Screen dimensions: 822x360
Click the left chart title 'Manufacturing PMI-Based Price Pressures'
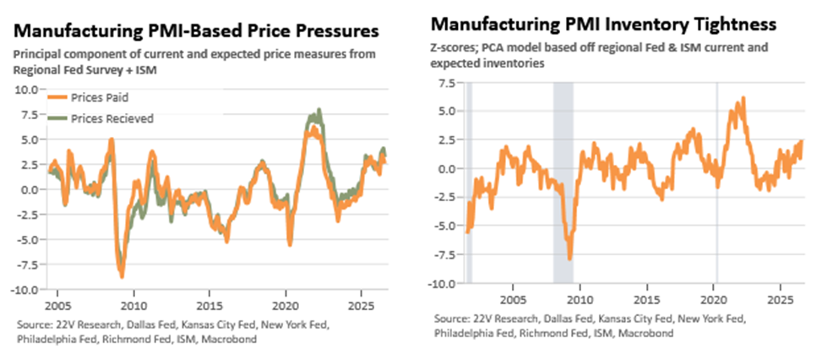(196, 31)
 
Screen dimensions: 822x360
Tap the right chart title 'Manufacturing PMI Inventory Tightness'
(603, 25)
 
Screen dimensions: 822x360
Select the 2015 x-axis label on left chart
(210, 305)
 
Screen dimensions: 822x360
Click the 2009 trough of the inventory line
(570, 258)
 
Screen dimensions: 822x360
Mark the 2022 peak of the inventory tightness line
(743, 99)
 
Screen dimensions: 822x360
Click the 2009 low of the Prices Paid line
(122, 275)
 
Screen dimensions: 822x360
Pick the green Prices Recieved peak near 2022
(318, 110)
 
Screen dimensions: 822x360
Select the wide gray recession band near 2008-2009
(563, 183)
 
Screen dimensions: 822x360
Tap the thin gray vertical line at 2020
(716, 183)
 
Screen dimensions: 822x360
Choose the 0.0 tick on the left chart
(30, 189)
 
